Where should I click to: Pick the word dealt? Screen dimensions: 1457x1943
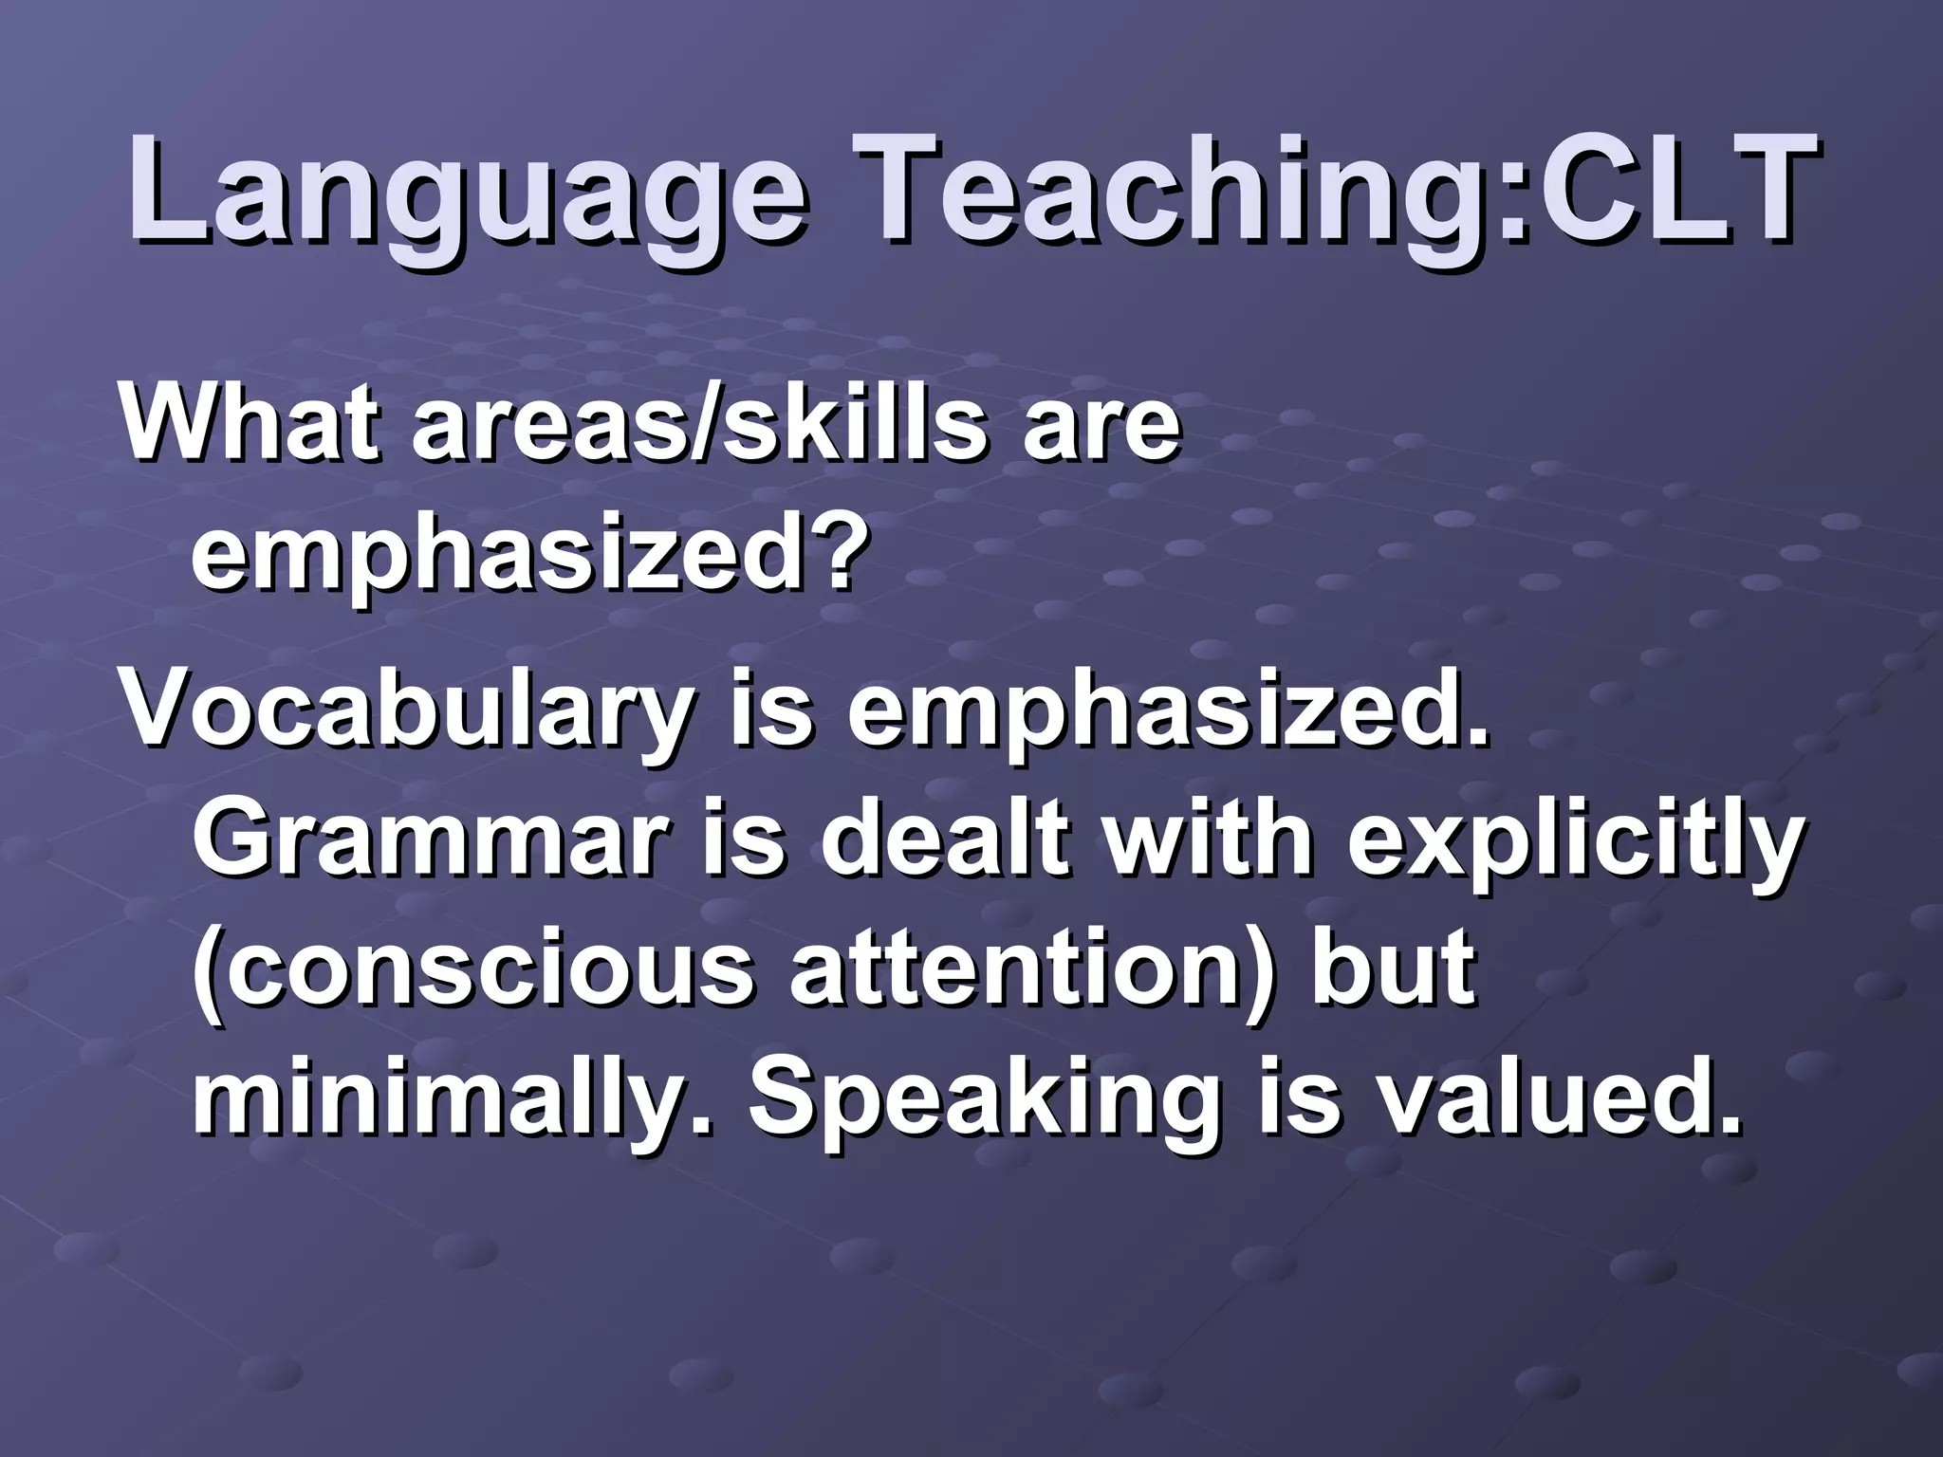click(x=939, y=840)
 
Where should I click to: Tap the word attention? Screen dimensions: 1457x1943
click(x=1015, y=969)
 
